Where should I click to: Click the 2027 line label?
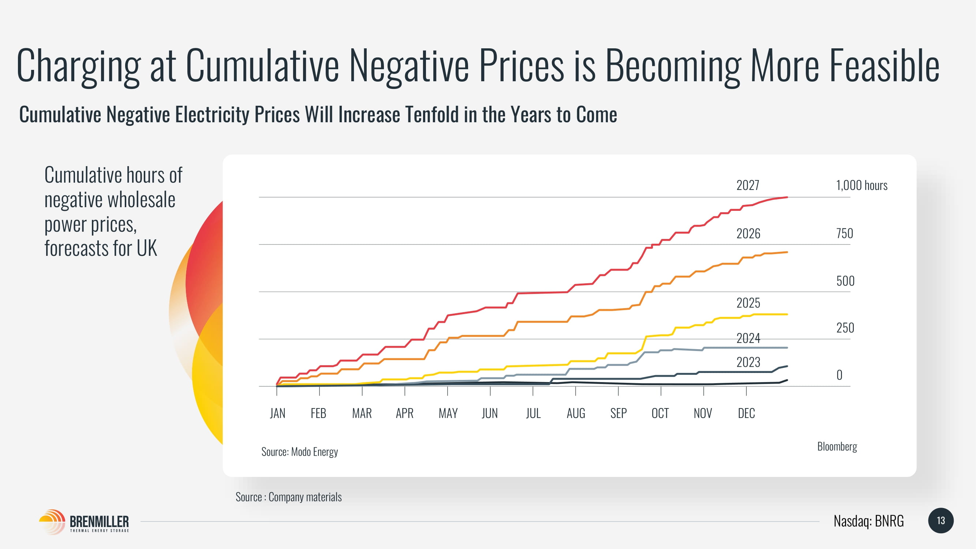coord(748,185)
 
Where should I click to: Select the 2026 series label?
coord(748,234)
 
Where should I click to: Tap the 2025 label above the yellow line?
coord(748,303)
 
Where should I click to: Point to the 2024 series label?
coord(748,338)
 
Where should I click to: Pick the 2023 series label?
coord(748,362)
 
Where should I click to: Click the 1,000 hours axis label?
coord(861,185)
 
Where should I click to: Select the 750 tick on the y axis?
coord(845,234)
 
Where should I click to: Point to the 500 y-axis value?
coord(845,281)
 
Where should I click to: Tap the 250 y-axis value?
coord(845,328)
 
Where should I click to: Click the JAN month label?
coord(277,413)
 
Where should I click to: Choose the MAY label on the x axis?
coord(448,413)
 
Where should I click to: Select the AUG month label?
coord(576,413)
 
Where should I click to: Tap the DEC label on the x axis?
coord(746,413)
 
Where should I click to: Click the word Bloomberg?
coord(837,446)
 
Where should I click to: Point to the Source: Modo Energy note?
coord(299,452)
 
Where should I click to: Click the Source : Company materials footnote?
coord(288,497)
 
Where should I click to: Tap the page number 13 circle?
coord(941,520)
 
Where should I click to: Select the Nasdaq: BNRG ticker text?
coord(868,521)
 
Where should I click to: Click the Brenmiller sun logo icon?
coord(52,521)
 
